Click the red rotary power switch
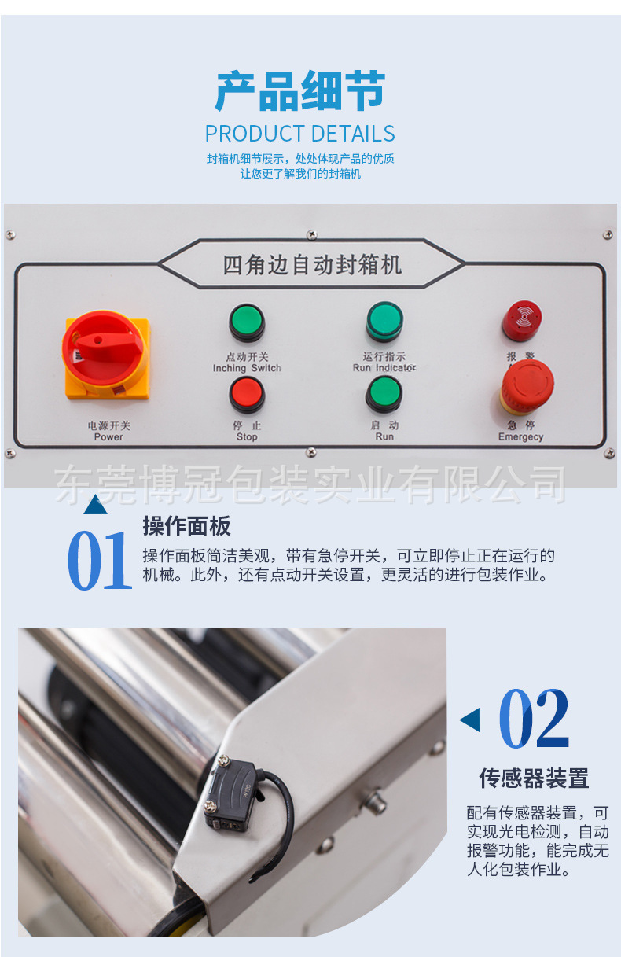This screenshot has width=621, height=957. pos(106,353)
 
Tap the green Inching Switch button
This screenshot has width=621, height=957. pos(247,322)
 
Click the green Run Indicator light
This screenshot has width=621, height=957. pos(384,321)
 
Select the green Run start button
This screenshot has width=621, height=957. pos(384,395)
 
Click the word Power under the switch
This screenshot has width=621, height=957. pos(108,437)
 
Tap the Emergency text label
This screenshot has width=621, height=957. pos(520,437)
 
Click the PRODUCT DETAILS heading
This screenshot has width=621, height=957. pos(299,133)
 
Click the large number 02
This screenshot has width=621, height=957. pos(535,719)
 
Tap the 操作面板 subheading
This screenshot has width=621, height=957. pos(186,526)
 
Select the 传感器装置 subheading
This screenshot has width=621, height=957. pos(534,778)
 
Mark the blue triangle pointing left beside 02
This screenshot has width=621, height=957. pos(470,720)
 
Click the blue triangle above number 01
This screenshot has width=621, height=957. pos(95,505)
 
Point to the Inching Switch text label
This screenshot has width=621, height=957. pos(247,368)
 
